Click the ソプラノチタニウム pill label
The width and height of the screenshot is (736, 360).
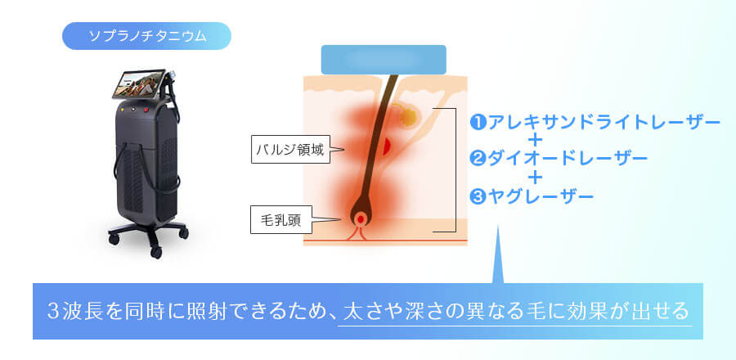click(x=146, y=36)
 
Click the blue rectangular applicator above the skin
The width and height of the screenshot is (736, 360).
click(x=384, y=59)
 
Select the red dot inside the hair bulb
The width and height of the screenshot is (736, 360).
click(x=361, y=219)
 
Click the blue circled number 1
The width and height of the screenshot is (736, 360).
click(x=478, y=123)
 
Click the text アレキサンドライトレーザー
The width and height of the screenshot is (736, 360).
click(x=604, y=123)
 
